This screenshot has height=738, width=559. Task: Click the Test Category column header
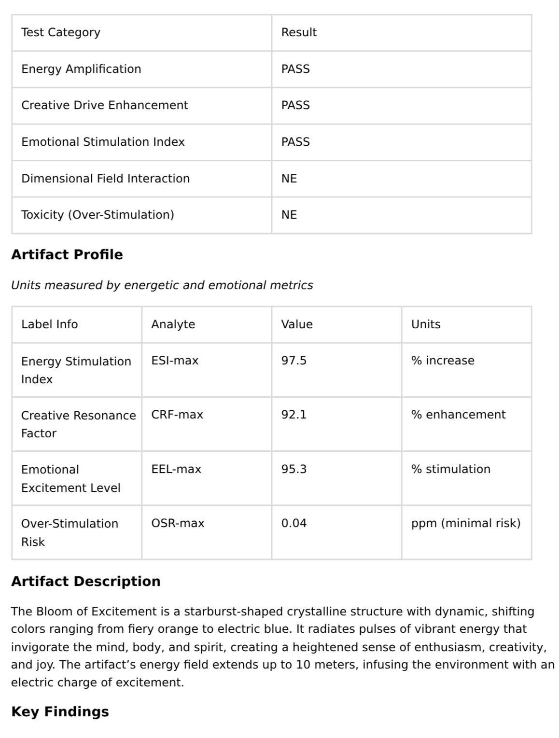point(61,32)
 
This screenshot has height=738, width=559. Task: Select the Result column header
point(299,32)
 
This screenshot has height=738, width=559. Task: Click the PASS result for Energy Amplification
point(295,69)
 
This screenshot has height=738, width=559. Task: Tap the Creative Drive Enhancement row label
point(105,105)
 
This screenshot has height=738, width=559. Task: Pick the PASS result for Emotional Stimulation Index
point(295,142)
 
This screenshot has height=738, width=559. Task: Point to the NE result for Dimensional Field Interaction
point(289,179)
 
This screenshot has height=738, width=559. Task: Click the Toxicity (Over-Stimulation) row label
point(98,215)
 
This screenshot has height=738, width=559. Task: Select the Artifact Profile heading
point(67,254)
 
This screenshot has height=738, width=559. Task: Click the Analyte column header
point(173,324)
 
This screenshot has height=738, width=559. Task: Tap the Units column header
point(426,324)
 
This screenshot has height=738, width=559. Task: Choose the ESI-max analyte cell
point(175,361)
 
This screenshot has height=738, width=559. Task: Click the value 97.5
point(293,361)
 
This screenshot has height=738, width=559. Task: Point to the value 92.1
point(293,415)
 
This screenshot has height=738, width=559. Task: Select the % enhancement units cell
point(458,415)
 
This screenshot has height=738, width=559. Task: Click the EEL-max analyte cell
point(176,469)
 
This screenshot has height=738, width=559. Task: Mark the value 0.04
point(293,523)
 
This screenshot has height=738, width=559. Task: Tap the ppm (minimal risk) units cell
point(466,523)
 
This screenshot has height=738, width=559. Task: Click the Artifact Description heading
point(86,581)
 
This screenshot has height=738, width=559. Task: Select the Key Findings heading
point(60,711)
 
